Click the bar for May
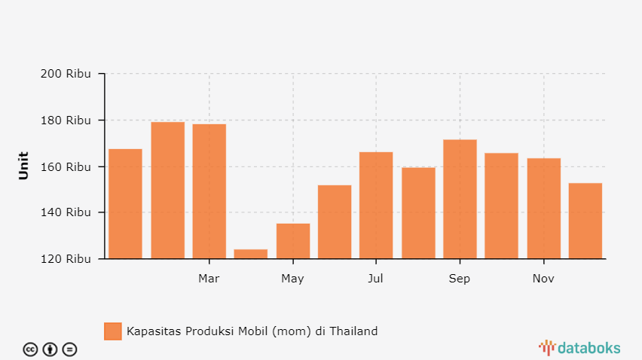(x=292, y=241)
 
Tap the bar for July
(x=376, y=206)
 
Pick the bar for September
(x=460, y=200)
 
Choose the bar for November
(x=543, y=209)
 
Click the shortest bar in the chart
(x=250, y=254)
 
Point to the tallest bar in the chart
(x=167, y=191)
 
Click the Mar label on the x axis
(x=209, y=279)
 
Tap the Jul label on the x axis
(x=376, y=279)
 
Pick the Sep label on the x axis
(x=460, y=279)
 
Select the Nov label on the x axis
(x=543, y=279)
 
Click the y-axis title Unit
(x=23, y=166)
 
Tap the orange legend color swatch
(x=112, y=331)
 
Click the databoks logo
(x=579, y=347)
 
